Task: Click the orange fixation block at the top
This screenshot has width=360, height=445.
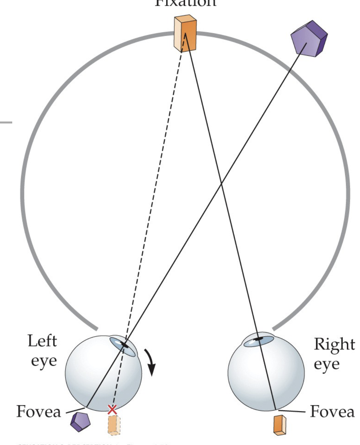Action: (x=185, y=33)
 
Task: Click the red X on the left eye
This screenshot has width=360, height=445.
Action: (x=112, y=410)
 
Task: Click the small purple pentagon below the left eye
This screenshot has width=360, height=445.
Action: (x=80, y=422)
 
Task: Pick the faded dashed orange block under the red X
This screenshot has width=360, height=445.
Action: (x=114, y=425)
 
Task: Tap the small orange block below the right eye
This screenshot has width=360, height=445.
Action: (x=280, y=424)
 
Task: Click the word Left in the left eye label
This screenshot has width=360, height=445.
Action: (x=42, y=341)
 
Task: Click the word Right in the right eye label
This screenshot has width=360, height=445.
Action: (x=334, y=344)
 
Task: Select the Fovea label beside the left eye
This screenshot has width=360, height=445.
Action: (x=39, y=411)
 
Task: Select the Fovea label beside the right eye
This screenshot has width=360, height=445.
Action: (x=332, y=411)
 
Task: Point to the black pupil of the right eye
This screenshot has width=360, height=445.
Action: (x=259, y=339)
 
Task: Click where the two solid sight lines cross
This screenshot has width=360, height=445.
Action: (x=221, y=184)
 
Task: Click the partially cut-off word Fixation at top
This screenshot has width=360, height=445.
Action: (x=185, y=3)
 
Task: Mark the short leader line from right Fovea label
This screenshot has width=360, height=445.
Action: (x=292, y=411)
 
